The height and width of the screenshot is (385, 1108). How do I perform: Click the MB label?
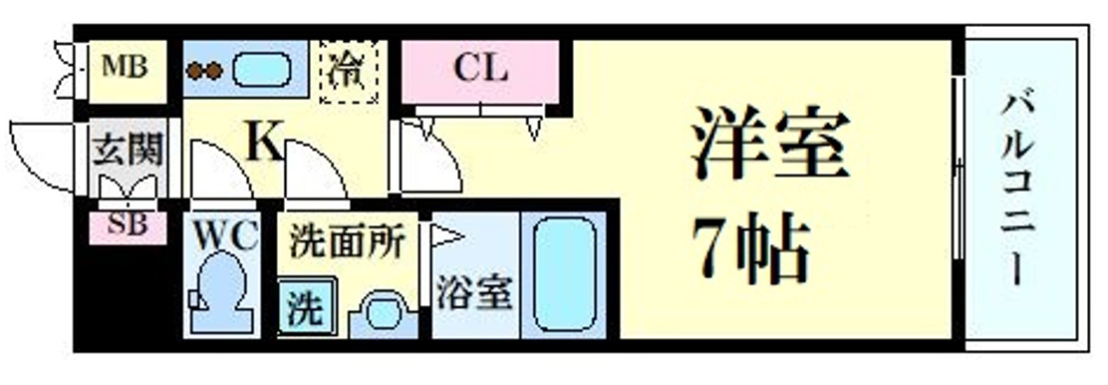click(126, 68)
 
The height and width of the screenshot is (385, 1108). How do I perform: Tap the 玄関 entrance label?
click(127, 152)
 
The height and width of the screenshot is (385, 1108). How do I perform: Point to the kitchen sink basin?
click(262, 71)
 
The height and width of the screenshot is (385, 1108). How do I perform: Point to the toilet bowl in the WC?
click(217, 290)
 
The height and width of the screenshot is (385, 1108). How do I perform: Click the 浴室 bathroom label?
click(474, 294)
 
